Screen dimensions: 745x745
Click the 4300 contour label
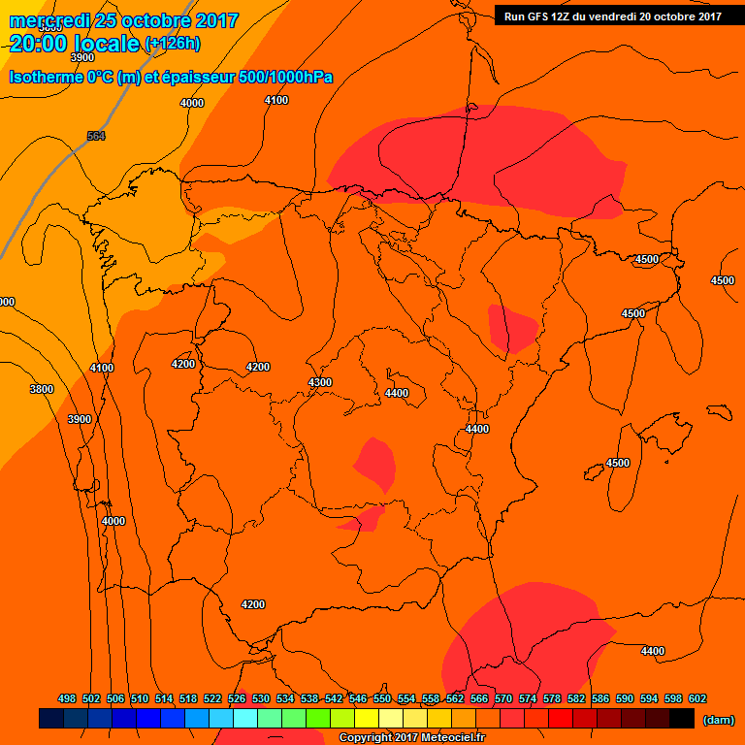(x=320, y=382)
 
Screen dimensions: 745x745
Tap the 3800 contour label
(x=42, y=389)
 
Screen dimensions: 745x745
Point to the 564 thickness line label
(x=96, y=136)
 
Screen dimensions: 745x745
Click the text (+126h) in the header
(x=172, y=43)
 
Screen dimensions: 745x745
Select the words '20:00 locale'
(x=74, y=43)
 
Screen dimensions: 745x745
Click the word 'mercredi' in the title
(x=51, y=20)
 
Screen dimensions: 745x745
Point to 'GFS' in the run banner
(x=542, y=16)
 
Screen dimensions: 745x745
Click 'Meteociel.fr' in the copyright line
(x=450, y=738)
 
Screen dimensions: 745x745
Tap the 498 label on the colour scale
(x=67, y=698)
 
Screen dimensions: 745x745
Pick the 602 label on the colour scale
(x=697, y=698)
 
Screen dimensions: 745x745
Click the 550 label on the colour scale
(x=382, y=698)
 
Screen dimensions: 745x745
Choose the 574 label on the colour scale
(x=528, y=698)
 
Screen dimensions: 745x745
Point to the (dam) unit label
(x=719, y=719)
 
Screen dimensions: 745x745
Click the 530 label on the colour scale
(x=261, y=698)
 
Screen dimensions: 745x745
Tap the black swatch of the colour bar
(x=682, y=719)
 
